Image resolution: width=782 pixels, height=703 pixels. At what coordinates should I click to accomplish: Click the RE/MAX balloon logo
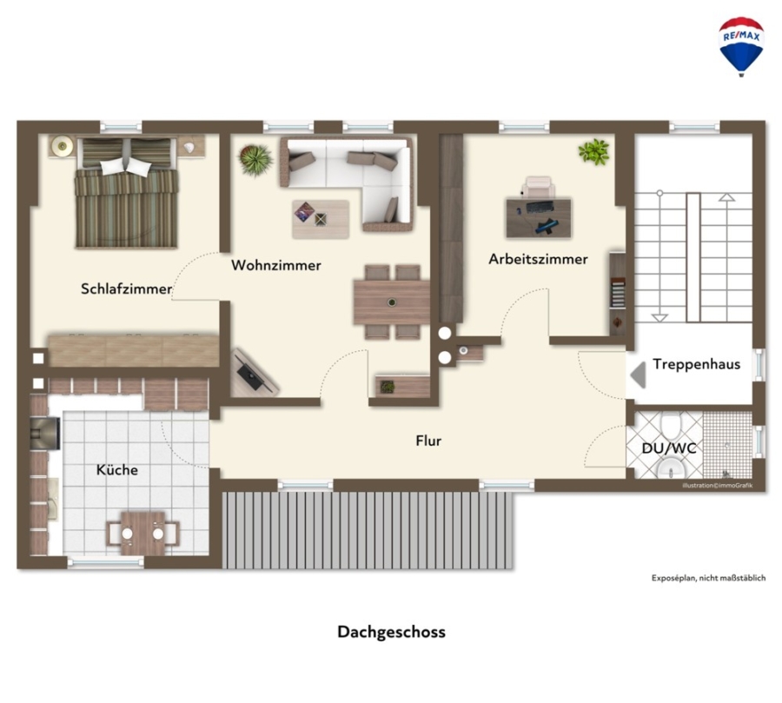pyautogui.click(x=741, y=46)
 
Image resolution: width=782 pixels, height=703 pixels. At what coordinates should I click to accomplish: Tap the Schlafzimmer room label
pyautogui.click(x=126, y=288)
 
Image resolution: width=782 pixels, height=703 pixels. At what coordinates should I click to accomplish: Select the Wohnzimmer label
pyautogui.click(x=275, y=265)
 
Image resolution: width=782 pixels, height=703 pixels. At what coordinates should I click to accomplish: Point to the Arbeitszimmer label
pyautogui.click(x=538, y=259)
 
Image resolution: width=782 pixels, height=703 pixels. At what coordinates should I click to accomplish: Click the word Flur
pyautogui.click(x=428, y=441)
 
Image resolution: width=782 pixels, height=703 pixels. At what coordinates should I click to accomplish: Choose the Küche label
pyautogui.click(x=117, y=469)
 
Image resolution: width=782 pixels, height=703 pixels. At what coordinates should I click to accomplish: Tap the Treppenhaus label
pyautogui.click(x=696, y=364)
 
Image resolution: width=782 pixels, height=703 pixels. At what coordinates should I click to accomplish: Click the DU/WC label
pyautogui.click(x=669, y=448)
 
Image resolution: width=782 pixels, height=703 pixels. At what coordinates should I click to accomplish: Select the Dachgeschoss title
pyautogui.click(x=392, y=632)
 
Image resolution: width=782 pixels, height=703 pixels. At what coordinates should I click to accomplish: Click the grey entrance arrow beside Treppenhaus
pyautogui.click(x=640, y=375)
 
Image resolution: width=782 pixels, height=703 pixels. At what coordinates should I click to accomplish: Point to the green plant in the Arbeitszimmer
pyautogui.click(x=594, y=151)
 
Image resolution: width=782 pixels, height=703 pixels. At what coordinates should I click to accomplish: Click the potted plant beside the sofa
pyautogui.click(x=255, y=160)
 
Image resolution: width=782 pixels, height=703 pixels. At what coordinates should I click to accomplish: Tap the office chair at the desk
pyautogui.click(x=538, y=187)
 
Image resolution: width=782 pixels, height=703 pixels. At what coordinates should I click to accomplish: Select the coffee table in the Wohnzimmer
pyautogui.click(x=321, y=219)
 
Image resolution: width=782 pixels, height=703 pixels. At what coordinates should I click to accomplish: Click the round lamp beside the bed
pyautogui.click(x=63, y=146)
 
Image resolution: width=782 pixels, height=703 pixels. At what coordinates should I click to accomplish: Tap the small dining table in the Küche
pyautogui.click(x=143, y=534)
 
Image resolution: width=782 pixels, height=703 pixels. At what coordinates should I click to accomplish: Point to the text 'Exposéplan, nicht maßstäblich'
pyautogui.click(x=708, y=578)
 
